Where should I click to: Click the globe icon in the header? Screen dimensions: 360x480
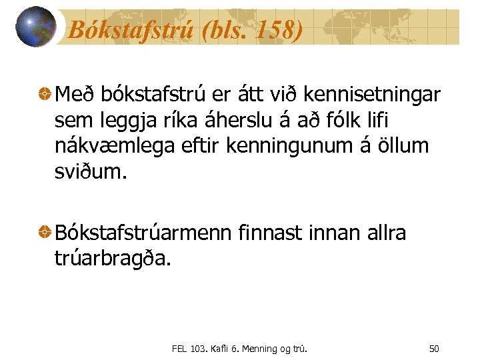point(35,27)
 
